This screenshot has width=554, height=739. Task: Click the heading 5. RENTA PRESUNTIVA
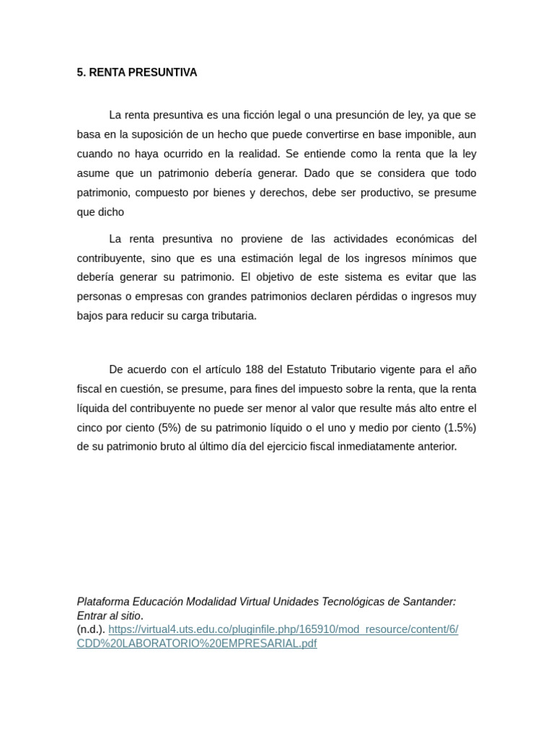click(x=136, y=73)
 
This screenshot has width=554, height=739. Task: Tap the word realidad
click(x=258, y=154)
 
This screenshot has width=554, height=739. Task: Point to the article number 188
click(x=253, y=370)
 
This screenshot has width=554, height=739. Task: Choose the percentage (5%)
click(x=167, y=428)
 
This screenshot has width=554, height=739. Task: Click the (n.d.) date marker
click(x=91, y=629)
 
